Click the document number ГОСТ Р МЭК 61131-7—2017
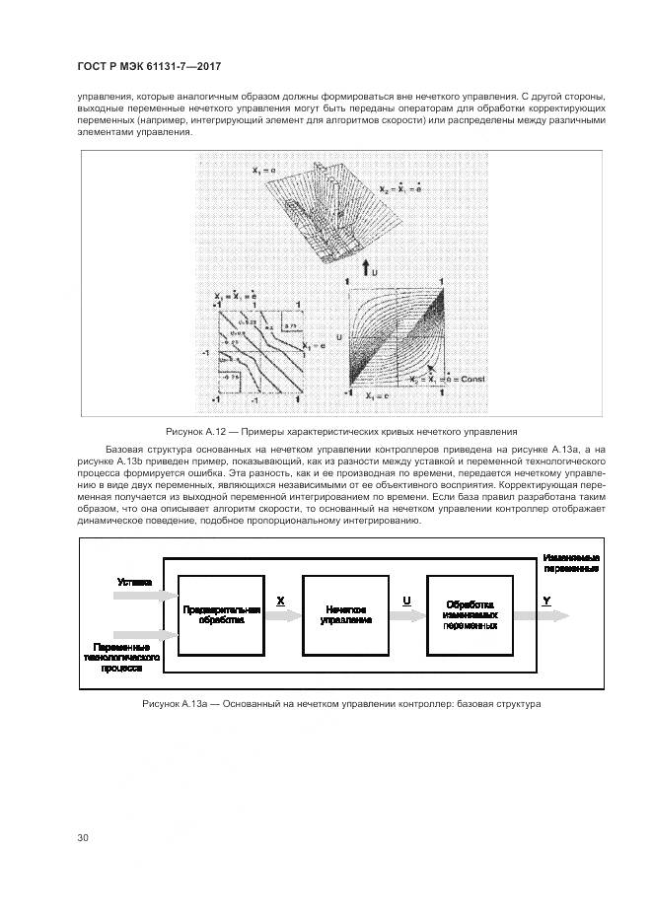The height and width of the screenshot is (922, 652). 149,66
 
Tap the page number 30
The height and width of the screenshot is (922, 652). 83,837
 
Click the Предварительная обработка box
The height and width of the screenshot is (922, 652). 221,614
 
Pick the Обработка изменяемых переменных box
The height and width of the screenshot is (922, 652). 469,614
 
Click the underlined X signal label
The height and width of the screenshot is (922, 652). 281,601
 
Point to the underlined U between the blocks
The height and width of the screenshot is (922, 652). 406,601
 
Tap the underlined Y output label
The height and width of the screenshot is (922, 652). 546,600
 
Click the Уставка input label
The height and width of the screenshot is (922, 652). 134,582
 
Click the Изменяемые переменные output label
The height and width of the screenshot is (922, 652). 571,563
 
